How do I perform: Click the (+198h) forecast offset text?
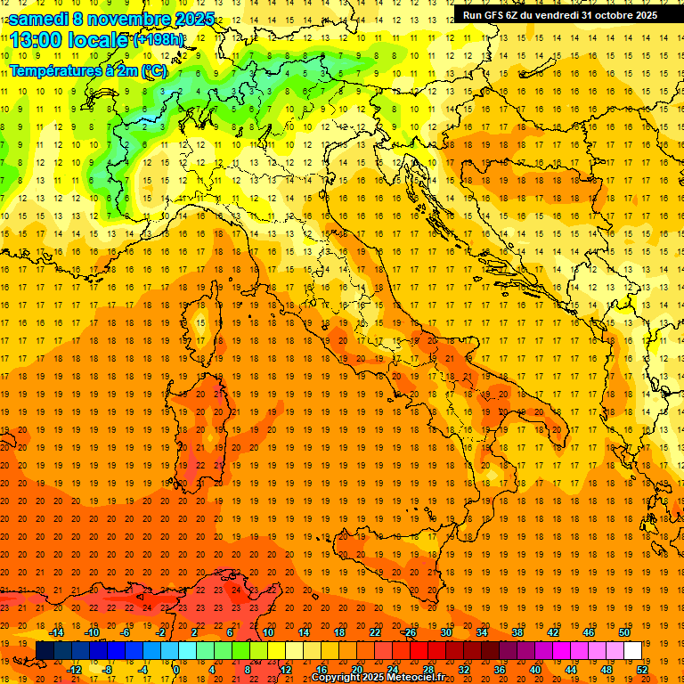159,40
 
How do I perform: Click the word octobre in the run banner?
614,14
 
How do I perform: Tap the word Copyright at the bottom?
338,678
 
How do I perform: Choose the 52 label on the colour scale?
643,669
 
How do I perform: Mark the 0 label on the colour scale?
176,669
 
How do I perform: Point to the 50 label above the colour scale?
624,632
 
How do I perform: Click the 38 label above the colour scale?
517,632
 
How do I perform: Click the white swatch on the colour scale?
632,650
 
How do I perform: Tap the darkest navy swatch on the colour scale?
45,650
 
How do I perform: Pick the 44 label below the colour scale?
571,669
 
